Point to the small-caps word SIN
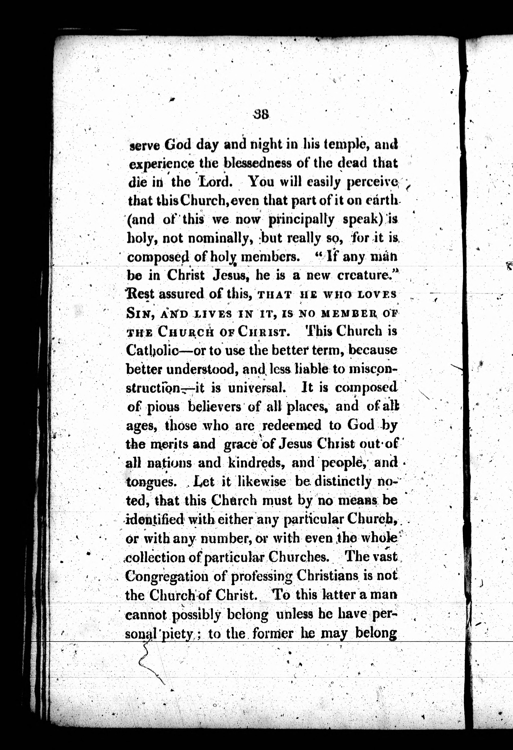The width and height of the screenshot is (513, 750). point(137,313)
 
